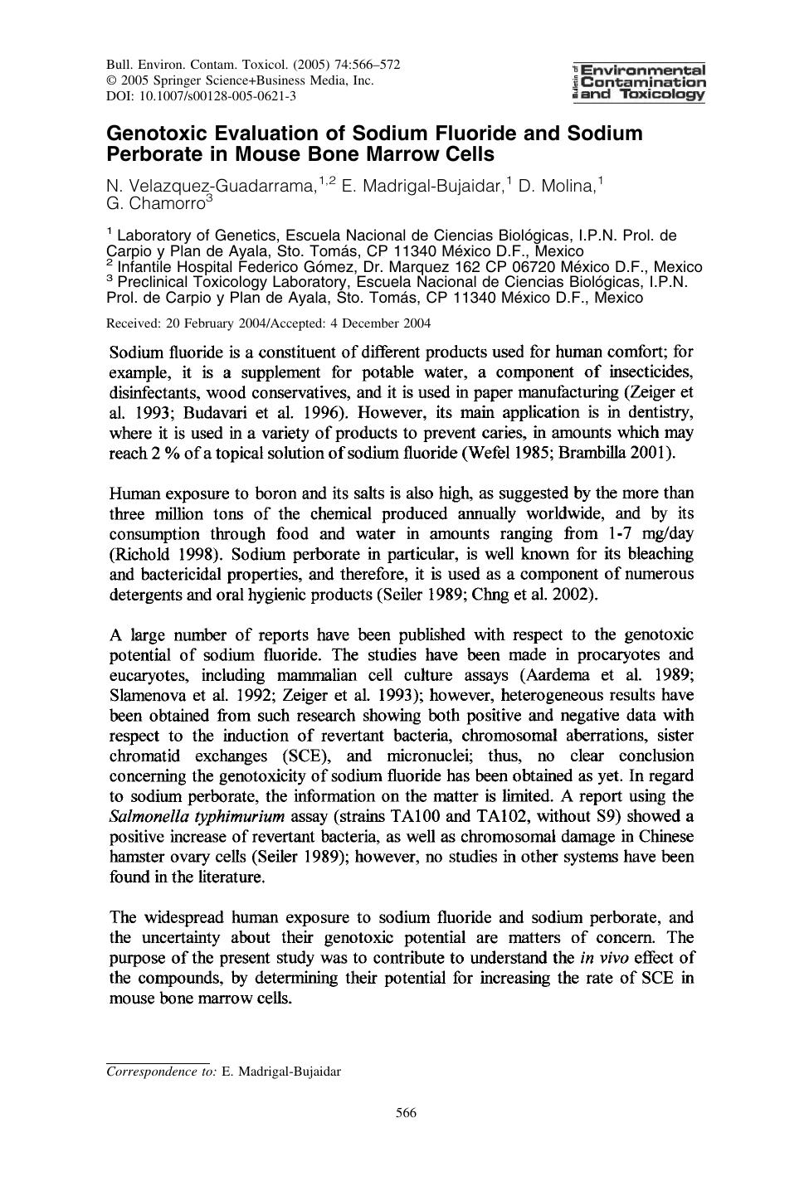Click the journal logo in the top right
tap(639, 82)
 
